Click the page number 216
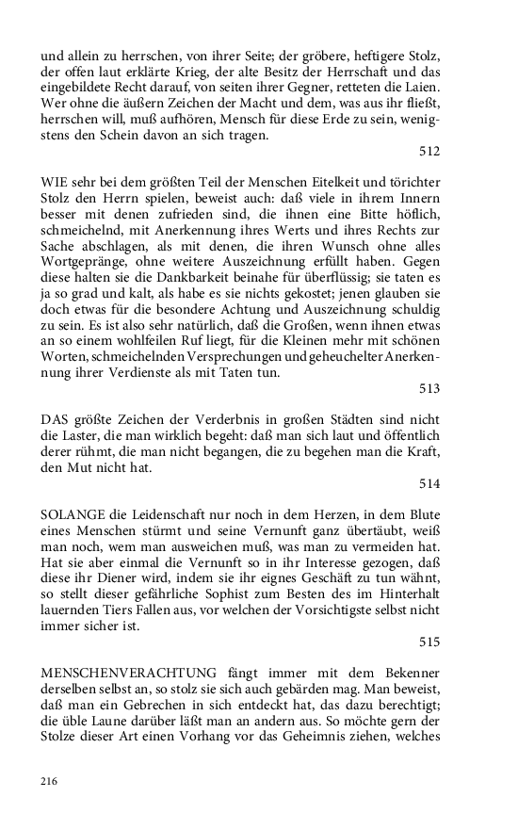(50, 781)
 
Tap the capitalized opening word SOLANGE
(73, 513)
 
